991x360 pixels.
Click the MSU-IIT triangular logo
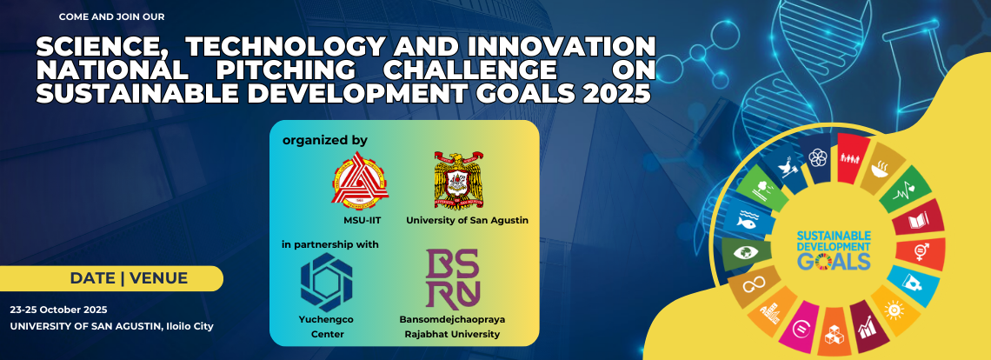pos(360,181)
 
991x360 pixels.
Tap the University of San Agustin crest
pos(460,180)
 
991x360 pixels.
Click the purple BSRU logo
pos(452,278)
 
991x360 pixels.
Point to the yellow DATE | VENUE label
pos(111,278)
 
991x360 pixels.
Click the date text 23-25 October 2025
pos(59,310)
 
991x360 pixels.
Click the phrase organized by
pos(325,141)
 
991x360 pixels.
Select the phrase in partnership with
pos(330,244)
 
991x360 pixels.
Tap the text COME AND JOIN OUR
pos(112,17)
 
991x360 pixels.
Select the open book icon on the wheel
pos(918,222)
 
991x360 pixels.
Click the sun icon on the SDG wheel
pos(894,310)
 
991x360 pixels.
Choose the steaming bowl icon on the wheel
pos(880,169)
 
